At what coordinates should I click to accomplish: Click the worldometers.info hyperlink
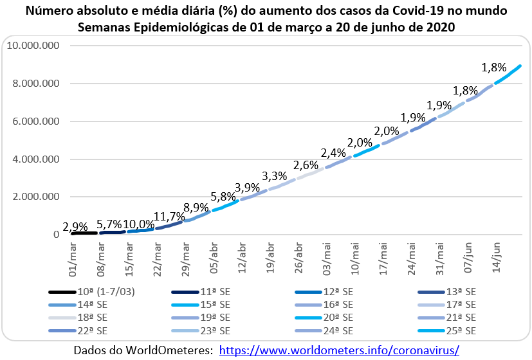[x=339, y=350]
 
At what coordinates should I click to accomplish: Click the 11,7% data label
[x=168, y=216]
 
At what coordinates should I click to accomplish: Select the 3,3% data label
[x=275, y=175]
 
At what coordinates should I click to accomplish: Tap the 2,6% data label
[x=306, y=165]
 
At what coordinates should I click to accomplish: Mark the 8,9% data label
[x=196, y=207]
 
